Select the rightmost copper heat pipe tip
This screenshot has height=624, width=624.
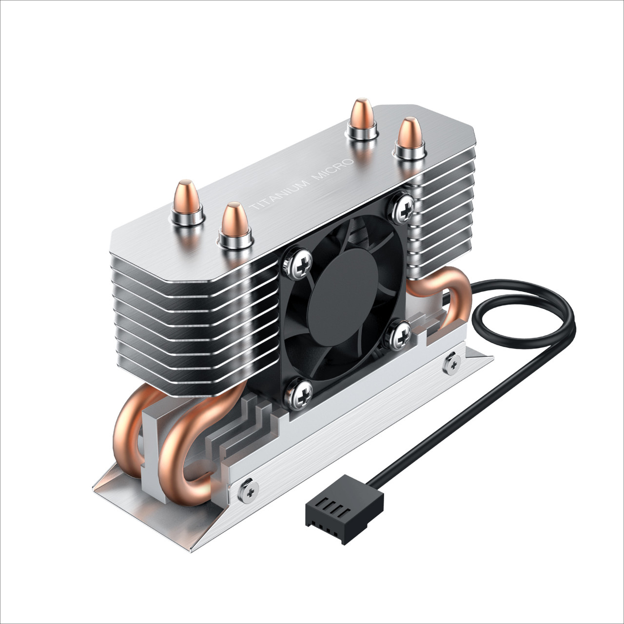(x=410, y=133)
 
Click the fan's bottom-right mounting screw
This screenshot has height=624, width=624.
(x=401, y=334)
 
